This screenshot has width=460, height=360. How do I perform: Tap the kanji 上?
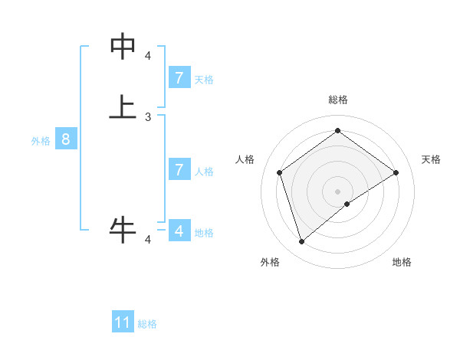tap(123, 107)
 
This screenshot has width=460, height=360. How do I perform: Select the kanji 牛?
tap(123, 229)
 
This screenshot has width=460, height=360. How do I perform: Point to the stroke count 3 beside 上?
tap(148, 117)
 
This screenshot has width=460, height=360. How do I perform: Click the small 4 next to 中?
tap(148, 55)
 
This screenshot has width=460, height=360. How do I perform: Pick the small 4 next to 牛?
tap(148, 240)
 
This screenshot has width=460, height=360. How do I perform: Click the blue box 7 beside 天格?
tap(179, 78)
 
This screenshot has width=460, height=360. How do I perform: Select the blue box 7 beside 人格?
tap(179, 169)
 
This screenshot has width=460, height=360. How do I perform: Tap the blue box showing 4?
tap(179, 231)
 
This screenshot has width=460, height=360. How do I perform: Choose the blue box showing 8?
tap(66, 139)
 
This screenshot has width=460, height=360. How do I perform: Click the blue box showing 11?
tap(123, 322)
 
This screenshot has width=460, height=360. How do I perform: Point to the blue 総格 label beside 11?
tap(147, 324)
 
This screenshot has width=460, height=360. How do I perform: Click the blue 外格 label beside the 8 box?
tap(41, 141)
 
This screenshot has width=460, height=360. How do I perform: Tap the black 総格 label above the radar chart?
tap(338, 100)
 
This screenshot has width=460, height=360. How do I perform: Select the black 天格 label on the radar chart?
tap(431, 159)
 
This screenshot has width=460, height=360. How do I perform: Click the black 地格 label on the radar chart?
tap(402, 263)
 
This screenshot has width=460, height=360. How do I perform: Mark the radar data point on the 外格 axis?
tap(302, 242)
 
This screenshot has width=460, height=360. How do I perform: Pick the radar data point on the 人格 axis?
tap(280, 172)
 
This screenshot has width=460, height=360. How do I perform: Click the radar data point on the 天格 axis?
tap(396, 172)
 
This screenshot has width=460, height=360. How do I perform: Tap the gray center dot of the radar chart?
tap(338, 191)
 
